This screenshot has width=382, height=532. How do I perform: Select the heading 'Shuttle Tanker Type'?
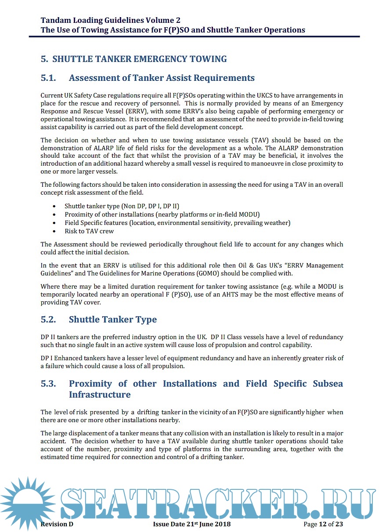(x=112, y=319)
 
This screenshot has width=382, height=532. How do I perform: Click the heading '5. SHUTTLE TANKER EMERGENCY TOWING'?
(x=134, y=59)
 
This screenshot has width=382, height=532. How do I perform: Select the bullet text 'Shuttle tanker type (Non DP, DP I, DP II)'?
(x=122, y=206)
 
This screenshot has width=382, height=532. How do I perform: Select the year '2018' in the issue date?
(x=222, y=524)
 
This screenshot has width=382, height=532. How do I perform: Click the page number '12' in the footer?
(x=323, y=524)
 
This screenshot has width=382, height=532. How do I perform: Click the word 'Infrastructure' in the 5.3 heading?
(x=100, y=394)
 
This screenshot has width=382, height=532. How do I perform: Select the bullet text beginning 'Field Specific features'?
(x=177, y=223)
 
